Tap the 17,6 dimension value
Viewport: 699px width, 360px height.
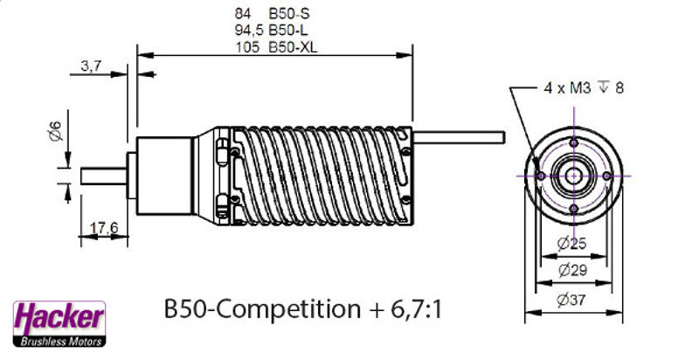[104, 228]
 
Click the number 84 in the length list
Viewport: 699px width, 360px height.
[243, 14]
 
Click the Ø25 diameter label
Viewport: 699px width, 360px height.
[573, 242]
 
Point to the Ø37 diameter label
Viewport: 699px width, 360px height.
[573, 300]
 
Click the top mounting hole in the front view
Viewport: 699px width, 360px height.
[573, 142]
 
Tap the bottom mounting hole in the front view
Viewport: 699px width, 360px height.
[573, 208]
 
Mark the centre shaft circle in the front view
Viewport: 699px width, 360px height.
[573, 176]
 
